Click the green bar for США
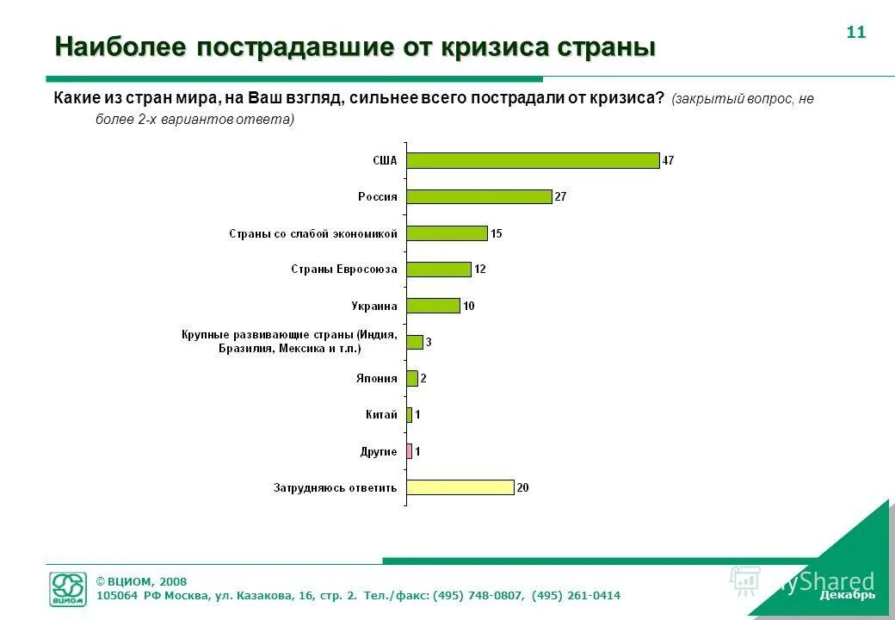(533, 160)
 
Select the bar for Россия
(478, 196)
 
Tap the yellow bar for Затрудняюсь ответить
(460, 487)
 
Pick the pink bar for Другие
(410, 451)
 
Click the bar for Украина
(433, 306)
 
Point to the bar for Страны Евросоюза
(439, 270)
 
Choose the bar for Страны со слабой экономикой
(447, 232)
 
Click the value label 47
(668, 160)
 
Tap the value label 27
(560, 196)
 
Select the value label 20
(522, 487)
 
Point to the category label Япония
(377, 378)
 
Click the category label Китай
(381, 414)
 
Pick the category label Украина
(374, 306)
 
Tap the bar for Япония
(412, 378)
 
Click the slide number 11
(855, 33)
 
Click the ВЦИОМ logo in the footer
(69, 589)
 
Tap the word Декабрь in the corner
(848, 595)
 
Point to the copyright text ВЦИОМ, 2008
(141, 581)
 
